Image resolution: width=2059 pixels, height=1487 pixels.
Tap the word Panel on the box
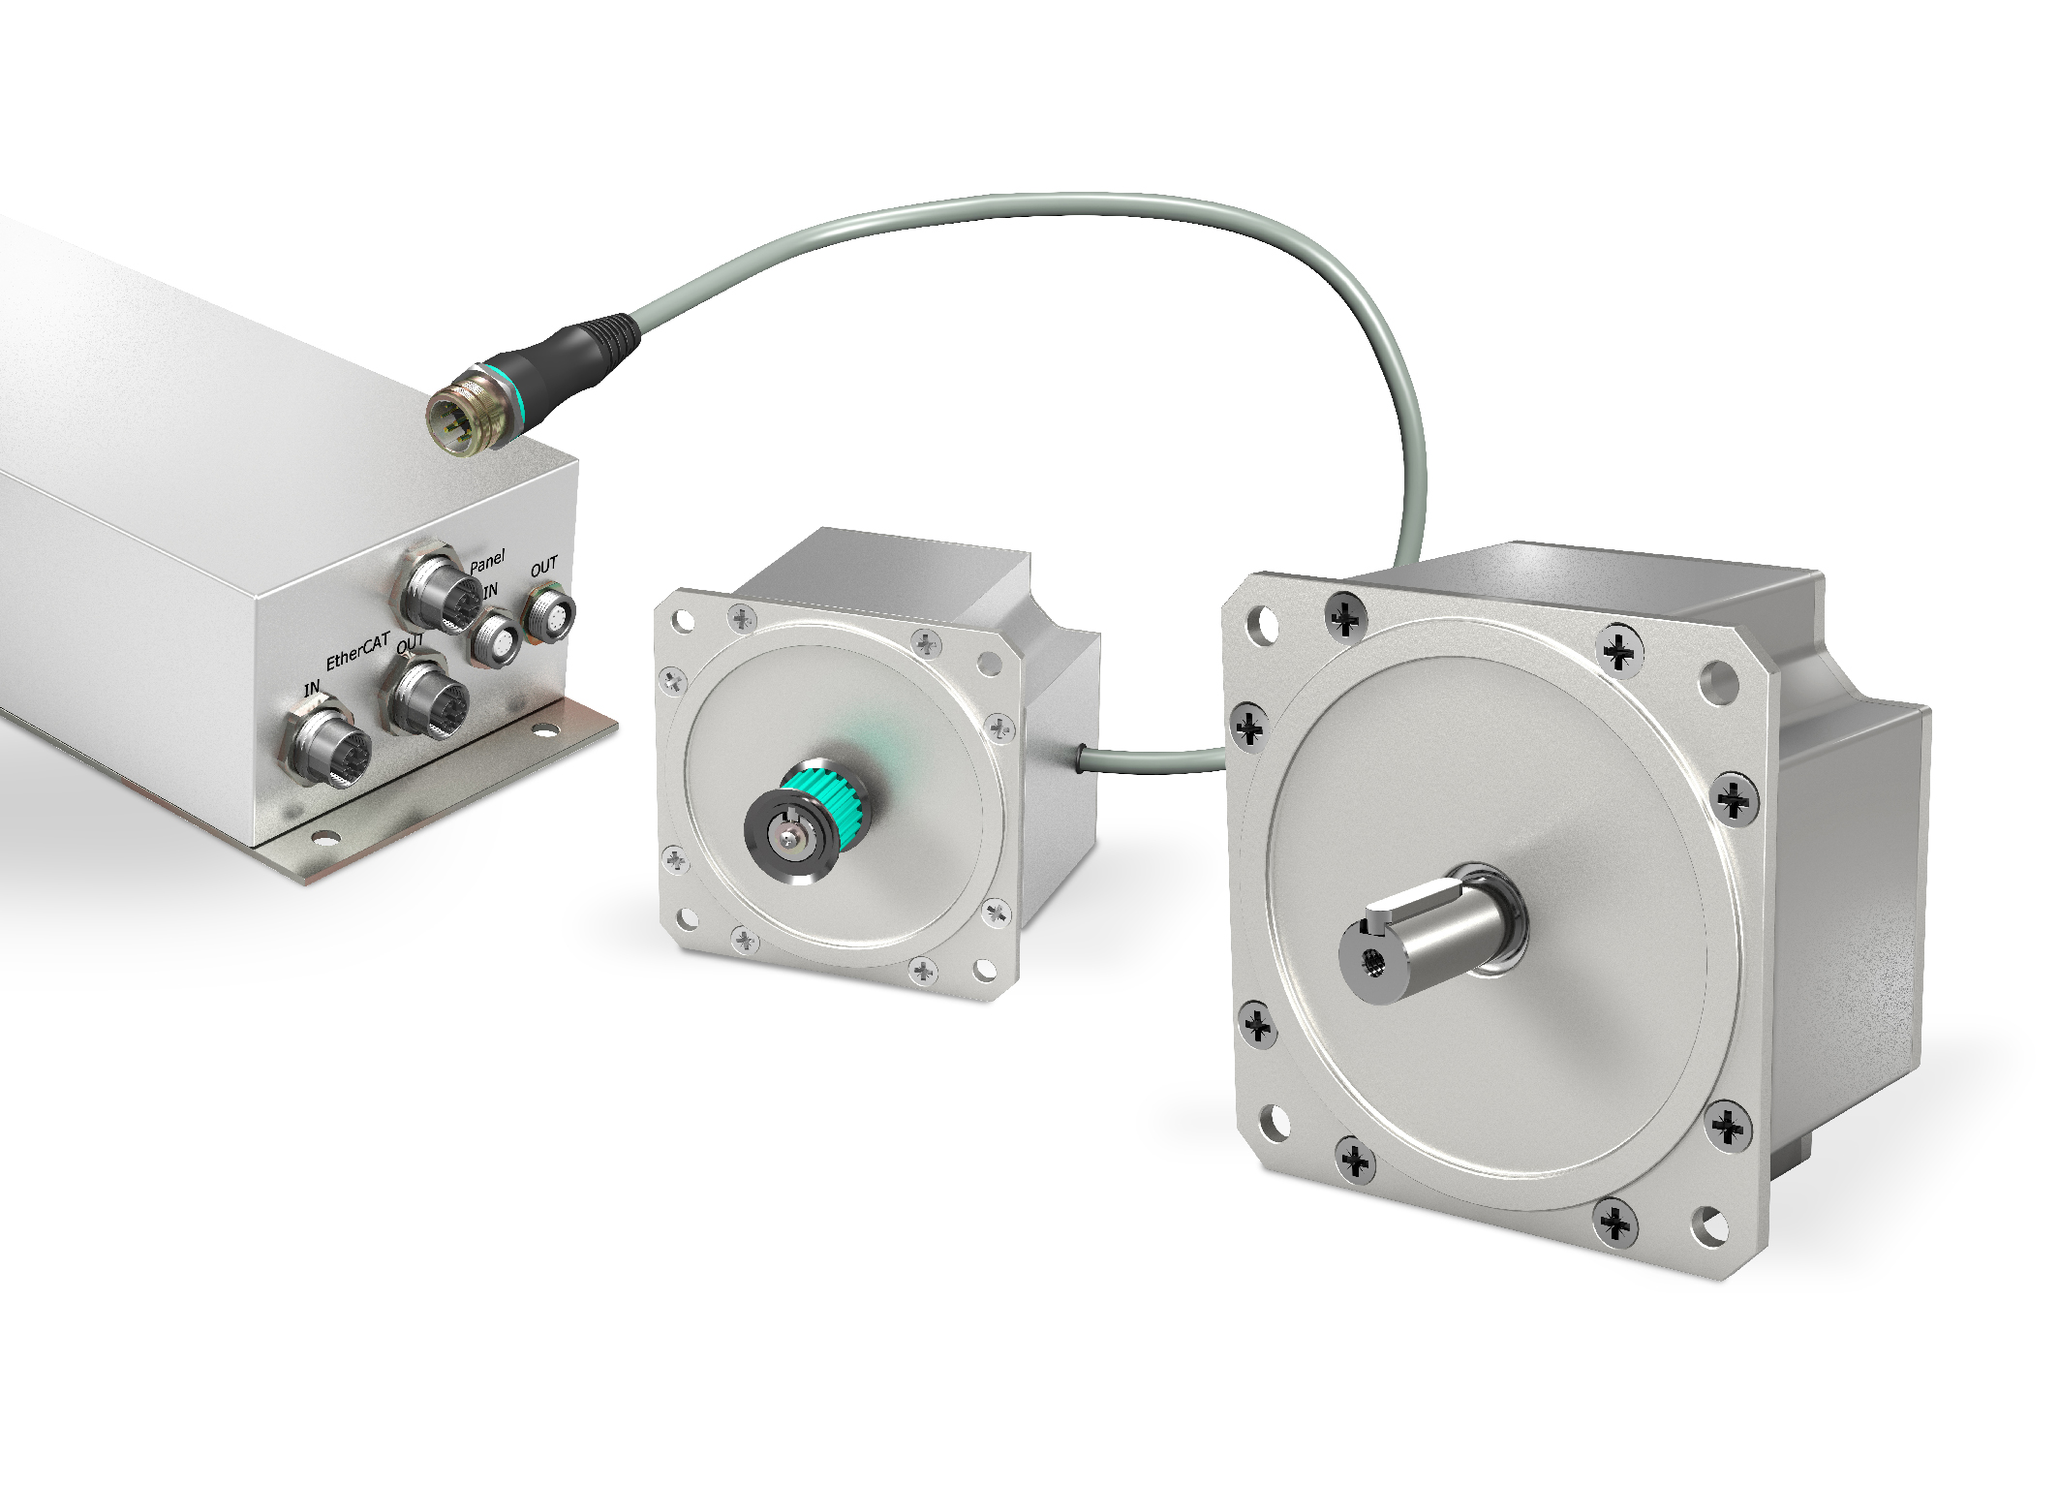[x=487, y=562]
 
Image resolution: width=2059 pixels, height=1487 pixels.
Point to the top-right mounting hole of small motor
[x=989, y=663]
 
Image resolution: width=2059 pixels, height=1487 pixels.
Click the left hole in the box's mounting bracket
[x=319, y=836]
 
